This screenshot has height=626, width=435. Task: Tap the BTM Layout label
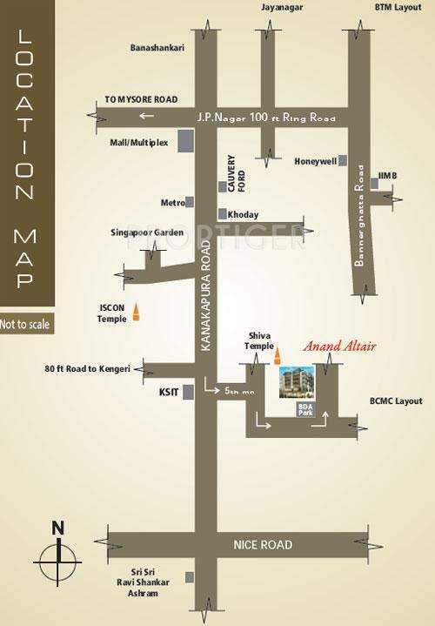[x=396, y=8]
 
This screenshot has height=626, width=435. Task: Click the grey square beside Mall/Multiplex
[x=185, y=141]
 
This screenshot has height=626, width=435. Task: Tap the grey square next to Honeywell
[x=344, y=161]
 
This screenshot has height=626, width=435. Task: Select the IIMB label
[x=388, y=176]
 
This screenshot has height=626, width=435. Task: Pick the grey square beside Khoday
[x=223, y=214]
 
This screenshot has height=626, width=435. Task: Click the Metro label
[x=172, y=202]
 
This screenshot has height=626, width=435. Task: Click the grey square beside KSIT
[x=187, y=392]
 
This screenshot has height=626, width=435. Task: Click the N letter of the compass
[x=57, y=527]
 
